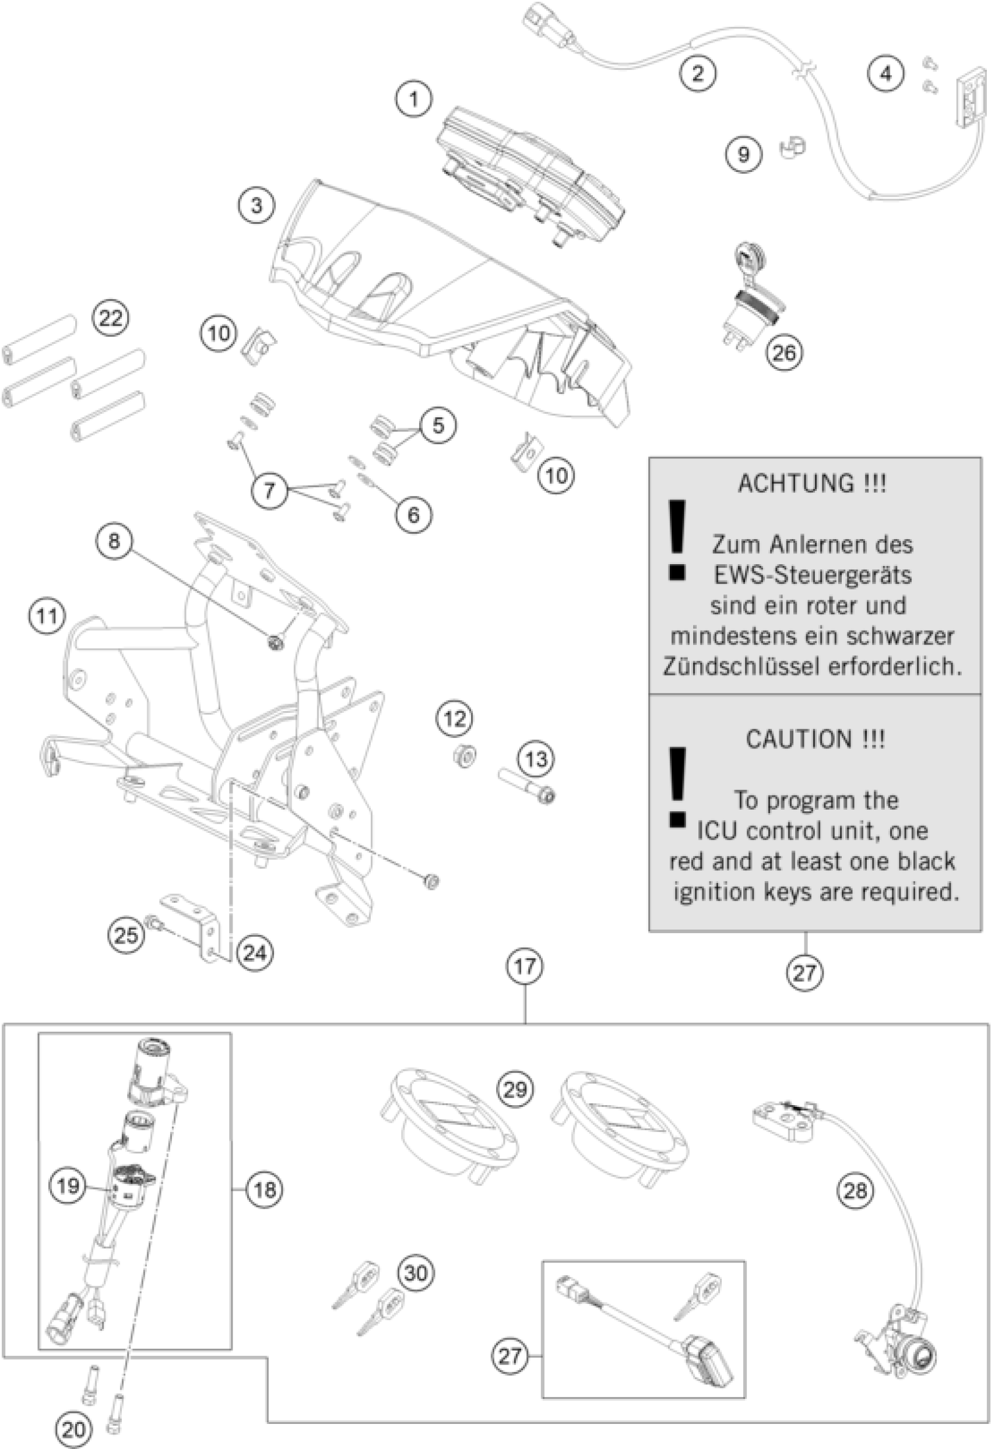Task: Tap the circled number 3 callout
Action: point(256,205)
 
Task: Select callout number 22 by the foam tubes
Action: point(110,318)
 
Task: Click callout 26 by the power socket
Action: point(784,352)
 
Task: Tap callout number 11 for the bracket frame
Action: point(47,617)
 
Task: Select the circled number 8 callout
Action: point(114,540)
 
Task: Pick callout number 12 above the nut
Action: point(455,718)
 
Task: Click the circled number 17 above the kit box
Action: point(525,966)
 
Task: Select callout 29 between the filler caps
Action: point(515,1089)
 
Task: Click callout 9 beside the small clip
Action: point(743,153)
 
